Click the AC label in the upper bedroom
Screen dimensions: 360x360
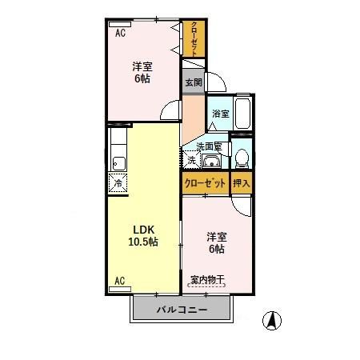pos(119,34)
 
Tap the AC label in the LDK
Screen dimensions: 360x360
pos(119,281)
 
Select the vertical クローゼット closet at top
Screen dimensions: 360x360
pos(193,38)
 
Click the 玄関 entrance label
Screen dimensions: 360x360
pos(193,82)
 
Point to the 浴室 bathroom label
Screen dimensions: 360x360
pos(221,114)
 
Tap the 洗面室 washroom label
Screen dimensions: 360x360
pos(209,146)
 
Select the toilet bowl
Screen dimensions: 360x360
pos(241,156)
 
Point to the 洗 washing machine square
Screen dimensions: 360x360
pos(191,160)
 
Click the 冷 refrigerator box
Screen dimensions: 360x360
pos(118,182)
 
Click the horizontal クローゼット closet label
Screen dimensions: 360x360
pos(205,183)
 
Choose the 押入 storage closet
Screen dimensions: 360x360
pos(241,183)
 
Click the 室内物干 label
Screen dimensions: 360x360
pos(207,280)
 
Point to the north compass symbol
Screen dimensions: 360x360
pos(271,319)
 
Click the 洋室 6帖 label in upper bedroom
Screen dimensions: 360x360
pos(142,73)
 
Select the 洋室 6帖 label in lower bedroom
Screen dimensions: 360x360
pos(217,242)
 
